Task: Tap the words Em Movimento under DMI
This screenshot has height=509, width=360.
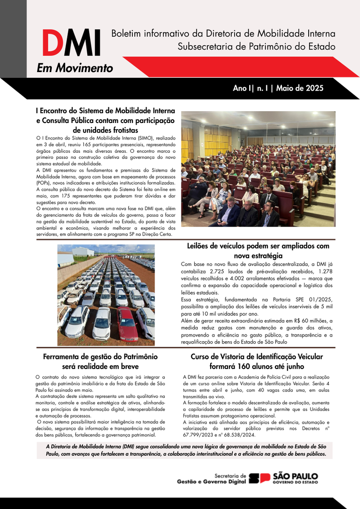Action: pos(75,68)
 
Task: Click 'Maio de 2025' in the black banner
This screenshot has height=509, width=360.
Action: pos(300,88)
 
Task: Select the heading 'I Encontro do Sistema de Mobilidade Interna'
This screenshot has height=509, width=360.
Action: pos(105,111)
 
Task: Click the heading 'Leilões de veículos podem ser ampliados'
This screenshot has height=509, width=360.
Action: pos(258,246)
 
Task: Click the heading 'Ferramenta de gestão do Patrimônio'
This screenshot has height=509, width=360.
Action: pos(100,357)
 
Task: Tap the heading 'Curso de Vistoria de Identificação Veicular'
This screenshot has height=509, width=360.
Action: pos(257,357)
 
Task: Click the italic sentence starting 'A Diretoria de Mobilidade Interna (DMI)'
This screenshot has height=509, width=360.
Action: pos(185,450)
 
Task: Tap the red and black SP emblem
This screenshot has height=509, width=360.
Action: pos(260,478)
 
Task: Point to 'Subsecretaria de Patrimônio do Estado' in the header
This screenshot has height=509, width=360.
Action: pos(256,46)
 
